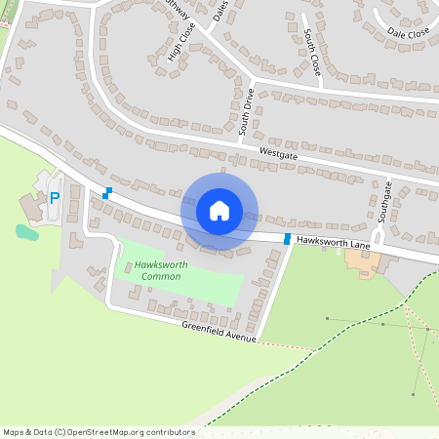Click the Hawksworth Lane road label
click(333, 240)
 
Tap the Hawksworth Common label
click(147, 270)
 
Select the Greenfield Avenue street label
click(218, 332)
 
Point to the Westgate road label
click(278, 154)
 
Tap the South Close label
click(311, 54)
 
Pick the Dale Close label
click(408, 33)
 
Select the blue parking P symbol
click(55, 198)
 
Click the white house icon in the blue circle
click(219, 210)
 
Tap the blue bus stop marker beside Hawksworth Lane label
click(287, 239)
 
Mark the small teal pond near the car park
click(26, 232)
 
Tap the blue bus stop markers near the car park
click(107, 193)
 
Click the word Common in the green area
click(161, 277)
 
